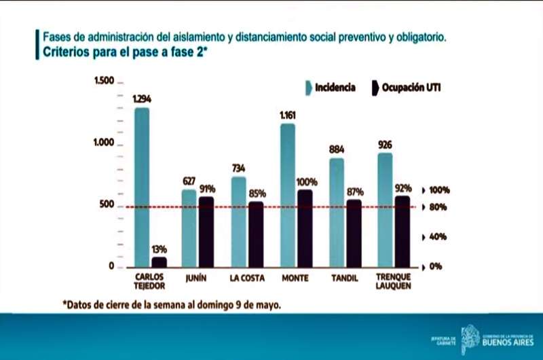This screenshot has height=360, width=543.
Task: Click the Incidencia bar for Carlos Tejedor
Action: click(x=142, y=187)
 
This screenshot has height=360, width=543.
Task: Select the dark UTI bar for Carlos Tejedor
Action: click(x=159, y=262)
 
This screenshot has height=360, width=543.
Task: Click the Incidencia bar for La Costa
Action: click(x=238, y=221)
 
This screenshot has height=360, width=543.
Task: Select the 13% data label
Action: click(x=159, y=249)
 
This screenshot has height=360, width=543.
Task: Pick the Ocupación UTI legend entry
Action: click(x=406, y=88)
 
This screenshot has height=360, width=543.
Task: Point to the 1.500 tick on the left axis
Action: click(x=103, y=82)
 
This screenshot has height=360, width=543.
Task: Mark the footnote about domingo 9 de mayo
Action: click(x=171, y=305)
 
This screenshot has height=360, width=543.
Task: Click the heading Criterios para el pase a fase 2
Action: click(x=126, y=52)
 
